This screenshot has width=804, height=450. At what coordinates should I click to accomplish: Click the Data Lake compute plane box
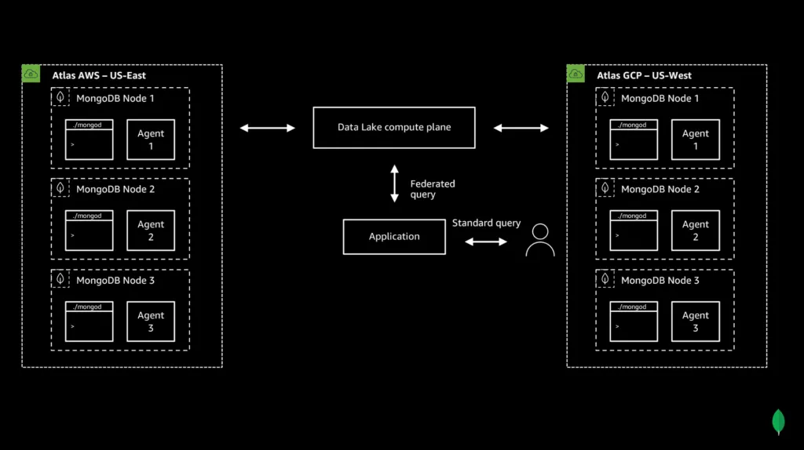(x=393, y=128)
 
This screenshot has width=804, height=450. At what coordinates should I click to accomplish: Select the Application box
(x=394, y=237)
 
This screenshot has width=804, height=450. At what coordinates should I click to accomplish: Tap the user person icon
(x=539, y=240)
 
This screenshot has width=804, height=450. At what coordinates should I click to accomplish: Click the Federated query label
(x=433, y=189)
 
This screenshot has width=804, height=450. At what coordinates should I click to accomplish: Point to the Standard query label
(x=486, y=223)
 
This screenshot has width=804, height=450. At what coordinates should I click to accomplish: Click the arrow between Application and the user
(x=486, y=242)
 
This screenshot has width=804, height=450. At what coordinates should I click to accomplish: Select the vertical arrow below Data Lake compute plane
(x=394, y=184)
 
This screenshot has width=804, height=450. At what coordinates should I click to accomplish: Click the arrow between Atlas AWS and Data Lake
(x=267, y=128)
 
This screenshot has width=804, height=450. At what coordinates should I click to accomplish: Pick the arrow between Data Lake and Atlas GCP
(x=521, y=128)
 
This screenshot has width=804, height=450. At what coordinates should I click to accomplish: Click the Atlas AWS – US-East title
(x=99, y=76)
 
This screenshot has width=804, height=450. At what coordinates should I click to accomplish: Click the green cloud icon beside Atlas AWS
(x=31, y=74)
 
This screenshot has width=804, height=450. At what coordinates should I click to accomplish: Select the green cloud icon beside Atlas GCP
(x=576, y=74)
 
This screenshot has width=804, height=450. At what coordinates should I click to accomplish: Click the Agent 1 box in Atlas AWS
(x=151, y=140)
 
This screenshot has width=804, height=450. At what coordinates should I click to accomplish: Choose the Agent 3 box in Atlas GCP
(x=696, y=321)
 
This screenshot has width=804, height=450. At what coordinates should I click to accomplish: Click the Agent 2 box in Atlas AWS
(x=151, y=230)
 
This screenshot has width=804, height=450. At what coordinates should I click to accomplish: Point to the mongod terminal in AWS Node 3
(x=89, y=321)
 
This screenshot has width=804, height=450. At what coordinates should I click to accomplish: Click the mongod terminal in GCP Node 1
(x=634, y=140)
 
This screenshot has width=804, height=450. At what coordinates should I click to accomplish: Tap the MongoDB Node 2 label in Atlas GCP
(x=660, y=190)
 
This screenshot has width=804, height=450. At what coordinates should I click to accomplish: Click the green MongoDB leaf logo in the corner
(x=779, y=422)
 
